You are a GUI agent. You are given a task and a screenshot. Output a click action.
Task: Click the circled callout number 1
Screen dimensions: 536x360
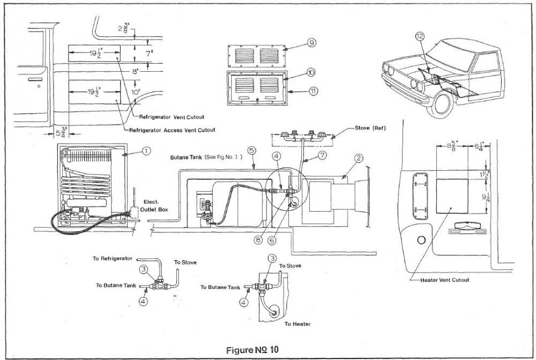tap(146, 151)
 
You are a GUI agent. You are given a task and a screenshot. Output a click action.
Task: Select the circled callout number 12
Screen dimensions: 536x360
tap(420, 36)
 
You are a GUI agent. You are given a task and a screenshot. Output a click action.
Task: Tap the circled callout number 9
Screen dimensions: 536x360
tap(311, 43)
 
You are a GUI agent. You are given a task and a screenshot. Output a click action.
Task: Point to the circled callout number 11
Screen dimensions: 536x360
tap(313, 91)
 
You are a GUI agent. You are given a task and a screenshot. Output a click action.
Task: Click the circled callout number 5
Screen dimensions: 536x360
tap(252, 151)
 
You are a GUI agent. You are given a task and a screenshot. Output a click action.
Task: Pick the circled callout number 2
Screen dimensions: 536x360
tap(359, 158)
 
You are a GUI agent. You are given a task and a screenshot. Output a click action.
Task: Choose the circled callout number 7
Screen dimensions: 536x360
tap(322, 155)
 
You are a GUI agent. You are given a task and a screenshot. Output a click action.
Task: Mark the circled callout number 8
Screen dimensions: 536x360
tap(258, 240)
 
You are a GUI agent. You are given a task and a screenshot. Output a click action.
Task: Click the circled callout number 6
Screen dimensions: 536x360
tap(272, 241)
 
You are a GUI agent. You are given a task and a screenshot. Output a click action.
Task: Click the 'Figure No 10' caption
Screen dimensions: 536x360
tap(252, 350)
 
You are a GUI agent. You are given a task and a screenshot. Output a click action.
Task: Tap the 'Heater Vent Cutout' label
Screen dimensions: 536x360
tap(445, 280)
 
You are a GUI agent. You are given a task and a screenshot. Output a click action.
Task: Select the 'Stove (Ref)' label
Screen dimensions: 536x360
tap(370, 128)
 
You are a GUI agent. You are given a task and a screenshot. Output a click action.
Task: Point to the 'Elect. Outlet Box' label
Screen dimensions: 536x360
tap(154, 206)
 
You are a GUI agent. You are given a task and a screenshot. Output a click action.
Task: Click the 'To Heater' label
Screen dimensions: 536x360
tap(297, 324)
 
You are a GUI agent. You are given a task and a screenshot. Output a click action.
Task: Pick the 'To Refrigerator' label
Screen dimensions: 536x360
tap(113, 258)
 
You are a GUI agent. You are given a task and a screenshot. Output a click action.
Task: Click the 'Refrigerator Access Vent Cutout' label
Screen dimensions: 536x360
tap(172, 130)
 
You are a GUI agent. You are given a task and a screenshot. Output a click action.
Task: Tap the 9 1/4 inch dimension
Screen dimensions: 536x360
tap(486, 198)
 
